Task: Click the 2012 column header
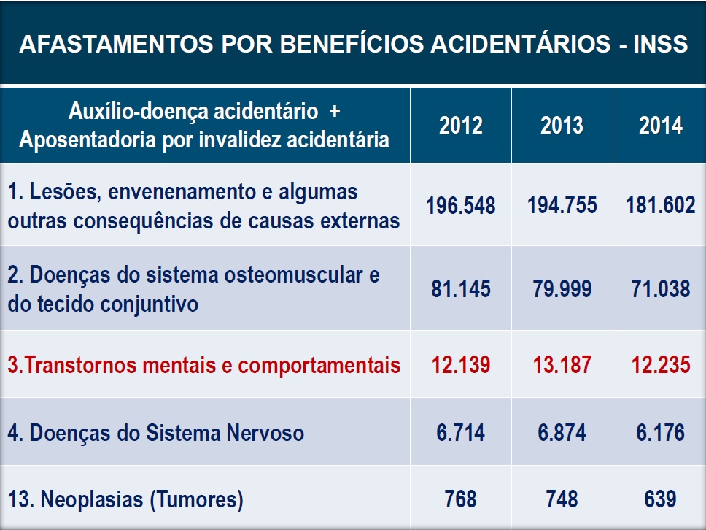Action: [461, 126]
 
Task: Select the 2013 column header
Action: [562, 126]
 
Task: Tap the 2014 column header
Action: [661, 126]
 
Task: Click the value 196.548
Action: [461, 205]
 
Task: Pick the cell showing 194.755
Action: [562, 205]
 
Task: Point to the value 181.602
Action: [661, 205]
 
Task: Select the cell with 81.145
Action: [461, 289]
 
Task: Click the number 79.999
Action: [562, 289]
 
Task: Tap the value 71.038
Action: [661, 289]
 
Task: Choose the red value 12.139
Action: [461, 365]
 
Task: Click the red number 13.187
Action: [562, 365]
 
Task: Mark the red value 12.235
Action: [661, 365]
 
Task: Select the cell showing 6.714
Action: [461, 433]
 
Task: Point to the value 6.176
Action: [661, 433]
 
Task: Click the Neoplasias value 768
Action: [461, 500]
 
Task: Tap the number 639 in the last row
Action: [661, 500]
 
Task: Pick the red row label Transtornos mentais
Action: [204, 365]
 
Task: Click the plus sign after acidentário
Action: [335, 112]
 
